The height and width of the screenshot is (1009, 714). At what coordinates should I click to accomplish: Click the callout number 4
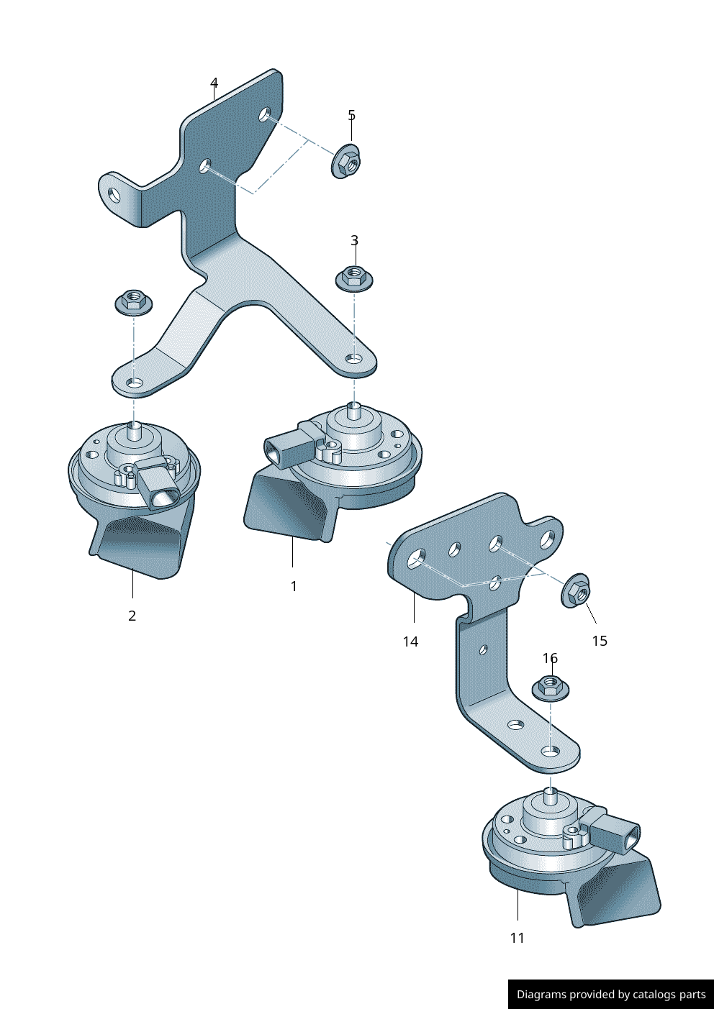214,83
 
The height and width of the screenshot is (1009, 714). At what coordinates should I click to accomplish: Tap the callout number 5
351,115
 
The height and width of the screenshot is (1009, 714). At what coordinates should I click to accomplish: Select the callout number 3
354,240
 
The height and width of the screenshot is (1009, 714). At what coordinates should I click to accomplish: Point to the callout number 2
132,616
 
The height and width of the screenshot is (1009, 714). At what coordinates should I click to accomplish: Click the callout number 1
294,586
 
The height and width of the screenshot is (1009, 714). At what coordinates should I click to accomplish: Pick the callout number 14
410,642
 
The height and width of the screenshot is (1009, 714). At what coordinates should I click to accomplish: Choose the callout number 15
600,641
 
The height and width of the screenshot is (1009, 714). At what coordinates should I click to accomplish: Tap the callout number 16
550,658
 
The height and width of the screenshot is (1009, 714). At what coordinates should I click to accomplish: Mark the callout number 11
518,938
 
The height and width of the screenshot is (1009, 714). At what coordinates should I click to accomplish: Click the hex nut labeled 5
346,162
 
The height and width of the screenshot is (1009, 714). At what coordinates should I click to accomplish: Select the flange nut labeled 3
354,278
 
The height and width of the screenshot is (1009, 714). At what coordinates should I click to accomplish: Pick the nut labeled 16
551,688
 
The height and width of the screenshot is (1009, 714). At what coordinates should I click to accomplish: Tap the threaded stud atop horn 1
354,411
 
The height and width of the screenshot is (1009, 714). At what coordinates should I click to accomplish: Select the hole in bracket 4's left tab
114,195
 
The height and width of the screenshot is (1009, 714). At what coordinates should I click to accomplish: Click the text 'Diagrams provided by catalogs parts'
611,995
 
